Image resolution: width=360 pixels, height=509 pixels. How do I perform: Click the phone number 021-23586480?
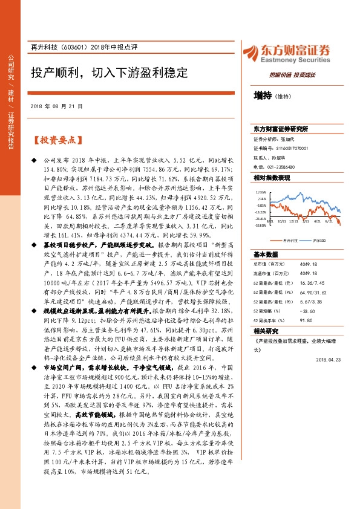(280, 167)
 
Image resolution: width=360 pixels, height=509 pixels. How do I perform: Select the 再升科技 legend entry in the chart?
(289, 240)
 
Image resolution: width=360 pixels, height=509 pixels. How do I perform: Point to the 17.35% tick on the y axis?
(261, 192)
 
